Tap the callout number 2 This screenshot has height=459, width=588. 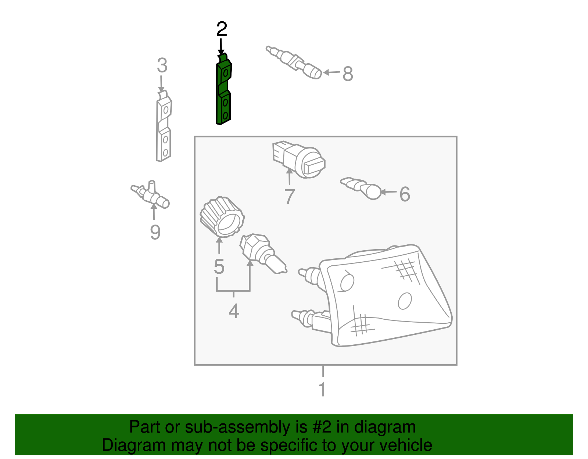point(222,29)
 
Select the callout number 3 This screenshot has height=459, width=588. point(162,66)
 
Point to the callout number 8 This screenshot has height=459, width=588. point(348,74)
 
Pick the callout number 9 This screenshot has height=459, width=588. point(155,232)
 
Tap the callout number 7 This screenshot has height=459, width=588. point(290,197)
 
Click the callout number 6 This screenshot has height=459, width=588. point(405,194)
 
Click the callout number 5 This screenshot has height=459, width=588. point(219,267)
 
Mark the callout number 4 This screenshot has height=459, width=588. point(234,311)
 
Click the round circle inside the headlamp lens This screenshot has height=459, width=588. point(405,301)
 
